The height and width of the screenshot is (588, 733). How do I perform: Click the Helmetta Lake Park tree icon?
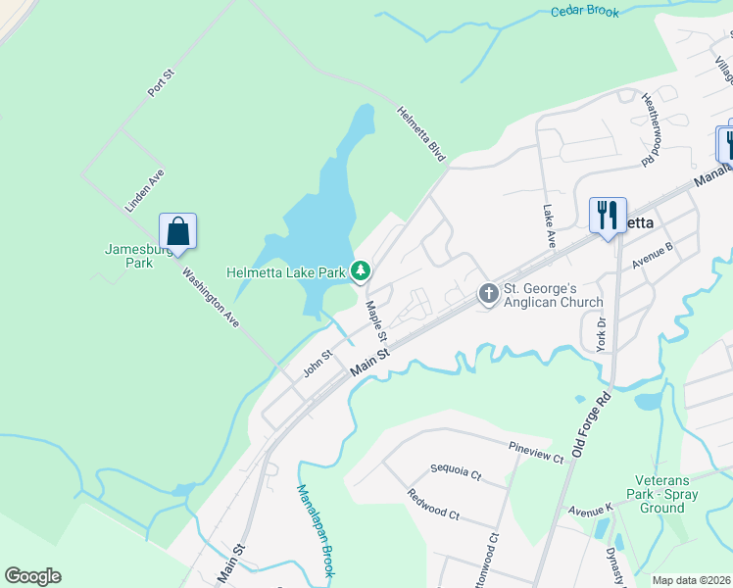tap(361, 269)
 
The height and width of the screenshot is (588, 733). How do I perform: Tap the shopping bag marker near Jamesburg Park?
tap(178, 232)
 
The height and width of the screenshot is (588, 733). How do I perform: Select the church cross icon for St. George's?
tap(488, 293)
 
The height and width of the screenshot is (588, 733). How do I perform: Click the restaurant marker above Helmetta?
tap(608, 215)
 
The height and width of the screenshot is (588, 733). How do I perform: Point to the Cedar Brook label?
tap(586, 12)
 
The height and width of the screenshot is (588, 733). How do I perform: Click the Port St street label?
tap(160, 81)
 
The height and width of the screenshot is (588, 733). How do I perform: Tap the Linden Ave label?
tap(144, 190)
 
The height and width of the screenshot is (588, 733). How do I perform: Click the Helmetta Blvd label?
tap(421, 133)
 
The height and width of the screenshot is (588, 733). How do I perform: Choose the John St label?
tap(318, 364)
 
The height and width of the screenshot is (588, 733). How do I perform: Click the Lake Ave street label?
tap(549, 225)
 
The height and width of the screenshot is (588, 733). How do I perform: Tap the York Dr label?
tap(602, 334)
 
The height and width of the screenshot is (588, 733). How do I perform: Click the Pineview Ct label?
tap(536, 452)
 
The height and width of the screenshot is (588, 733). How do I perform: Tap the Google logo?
tap(32, 576)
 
